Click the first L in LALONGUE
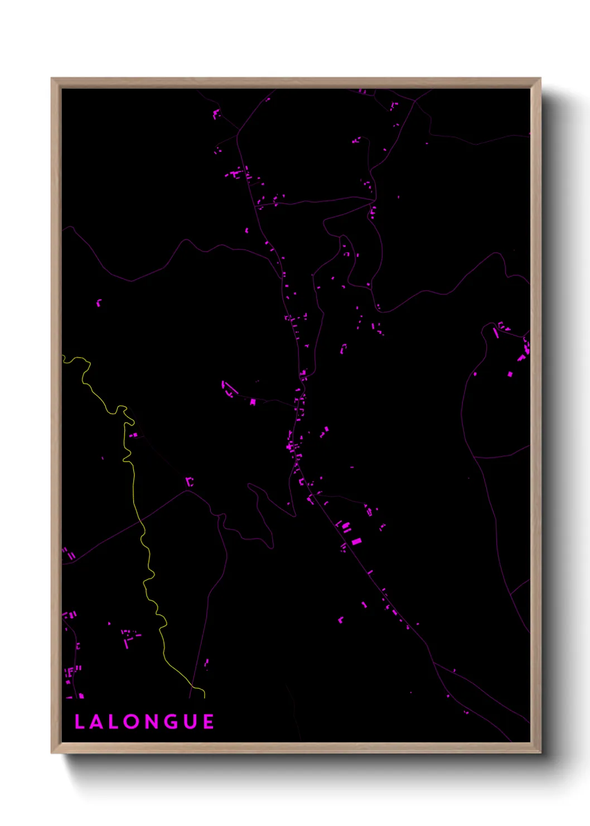click(79, 722)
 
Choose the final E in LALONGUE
click(209, 722)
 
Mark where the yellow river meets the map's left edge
click(63, 357)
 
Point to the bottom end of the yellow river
click(204, 698)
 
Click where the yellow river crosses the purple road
click(141, 521)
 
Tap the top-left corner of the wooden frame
click(52, 79)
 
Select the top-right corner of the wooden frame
click(540, 79)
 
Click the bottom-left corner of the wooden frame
click(52, 752)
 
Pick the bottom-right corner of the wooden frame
click(540, 752)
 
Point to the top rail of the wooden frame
click(296, 83)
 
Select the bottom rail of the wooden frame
click(296, 748)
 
